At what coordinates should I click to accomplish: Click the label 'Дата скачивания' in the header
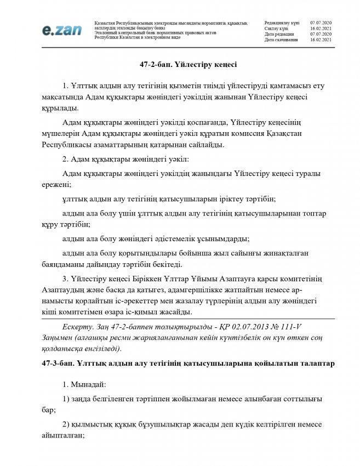281,40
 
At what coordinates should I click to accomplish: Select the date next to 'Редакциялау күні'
324,21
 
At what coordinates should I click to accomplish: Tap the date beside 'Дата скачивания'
324,40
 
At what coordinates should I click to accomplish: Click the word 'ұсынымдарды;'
218,238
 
